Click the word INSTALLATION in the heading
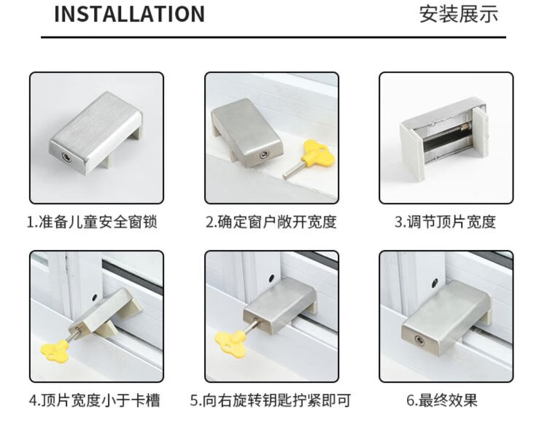[129, 14]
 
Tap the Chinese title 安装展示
[459, 14]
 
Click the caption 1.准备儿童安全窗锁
[92, 222]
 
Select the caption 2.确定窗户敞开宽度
[271, 222]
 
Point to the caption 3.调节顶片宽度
[445, 222]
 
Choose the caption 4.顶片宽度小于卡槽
[95, 400]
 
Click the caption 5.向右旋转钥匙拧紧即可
[271, 400]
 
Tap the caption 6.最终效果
[442, 400]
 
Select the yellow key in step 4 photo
[55, 349]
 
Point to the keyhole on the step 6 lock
[419, 341]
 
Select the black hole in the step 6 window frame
[435, 282]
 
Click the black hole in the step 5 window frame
[271, 279]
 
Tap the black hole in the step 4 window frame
[95, 298]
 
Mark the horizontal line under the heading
[273, 36]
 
